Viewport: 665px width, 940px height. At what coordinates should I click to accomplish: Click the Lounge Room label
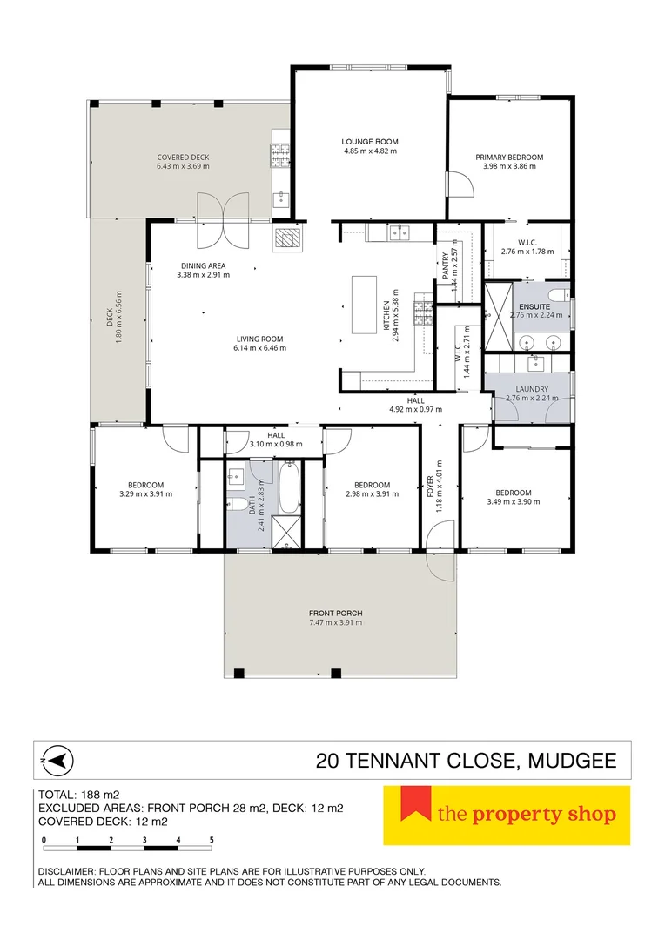tap(370, 142)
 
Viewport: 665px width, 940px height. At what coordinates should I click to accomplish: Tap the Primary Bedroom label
tap(510, 157)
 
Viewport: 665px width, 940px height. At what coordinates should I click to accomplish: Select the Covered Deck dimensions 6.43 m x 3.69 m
tap(184, 166)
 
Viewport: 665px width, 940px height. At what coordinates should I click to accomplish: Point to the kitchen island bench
tap(364, 305)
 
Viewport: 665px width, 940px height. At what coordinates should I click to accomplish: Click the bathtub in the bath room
tap(290, 487)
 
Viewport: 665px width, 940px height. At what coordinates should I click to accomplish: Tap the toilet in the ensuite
tap(558, 294)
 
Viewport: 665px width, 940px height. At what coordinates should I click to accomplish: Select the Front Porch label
tap(336, 614)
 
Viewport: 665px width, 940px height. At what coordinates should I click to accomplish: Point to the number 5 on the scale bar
tap(212, 840)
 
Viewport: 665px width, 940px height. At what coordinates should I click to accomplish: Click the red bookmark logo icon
tap(416, 803)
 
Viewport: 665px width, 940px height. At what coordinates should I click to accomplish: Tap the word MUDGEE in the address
tap(572, 761)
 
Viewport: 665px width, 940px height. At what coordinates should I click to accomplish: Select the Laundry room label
tap(532, 389)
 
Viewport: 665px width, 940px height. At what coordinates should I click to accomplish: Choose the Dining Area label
tap(204, 265)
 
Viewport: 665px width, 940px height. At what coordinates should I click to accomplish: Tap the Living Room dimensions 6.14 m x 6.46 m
tap(259, 347)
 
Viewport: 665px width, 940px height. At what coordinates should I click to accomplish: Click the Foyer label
tap(430, 487)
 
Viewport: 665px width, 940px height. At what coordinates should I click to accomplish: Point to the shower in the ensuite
tap(498, 317)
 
